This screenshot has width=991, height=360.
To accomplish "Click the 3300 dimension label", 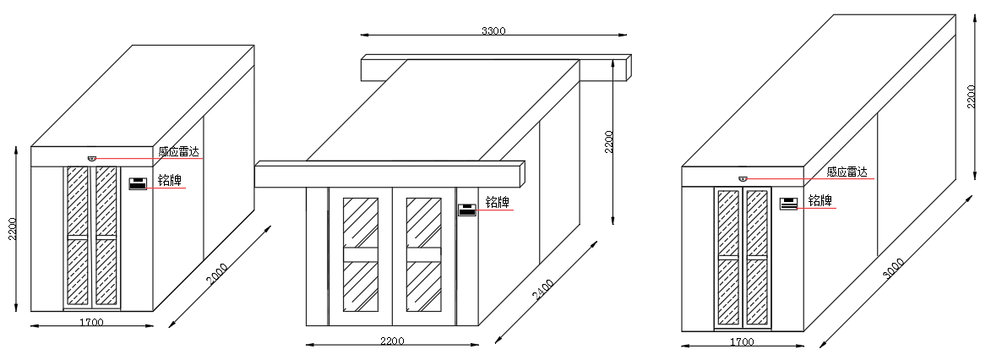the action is pyautogui.click(x=493, y=30).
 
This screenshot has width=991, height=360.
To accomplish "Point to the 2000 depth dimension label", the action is pyautogui.click(x=217, y=274).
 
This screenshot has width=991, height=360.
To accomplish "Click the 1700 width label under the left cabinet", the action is pyautogui.click(x=91, y=323).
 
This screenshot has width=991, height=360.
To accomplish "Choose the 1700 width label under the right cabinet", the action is pyautogui.click(x=742, y=342).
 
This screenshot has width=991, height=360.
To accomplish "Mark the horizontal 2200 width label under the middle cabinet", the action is pyautogui.click(x=392, y=341).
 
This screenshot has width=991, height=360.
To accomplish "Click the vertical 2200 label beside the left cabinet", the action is pyautogui.click(x=12, y=229).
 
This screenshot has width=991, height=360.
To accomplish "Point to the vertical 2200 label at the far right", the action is pyautogui.click(x=972, y=97).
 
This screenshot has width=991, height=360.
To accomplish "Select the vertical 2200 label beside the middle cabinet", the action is pyautogui.click(x=608, y=143).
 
